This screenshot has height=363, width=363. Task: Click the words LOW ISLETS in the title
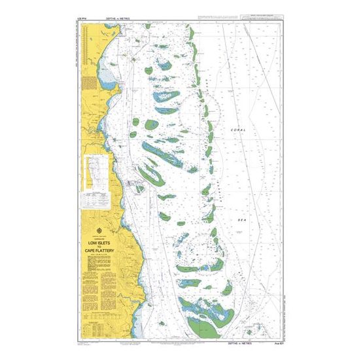[97, 242]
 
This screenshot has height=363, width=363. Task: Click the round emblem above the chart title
[97, 230]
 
